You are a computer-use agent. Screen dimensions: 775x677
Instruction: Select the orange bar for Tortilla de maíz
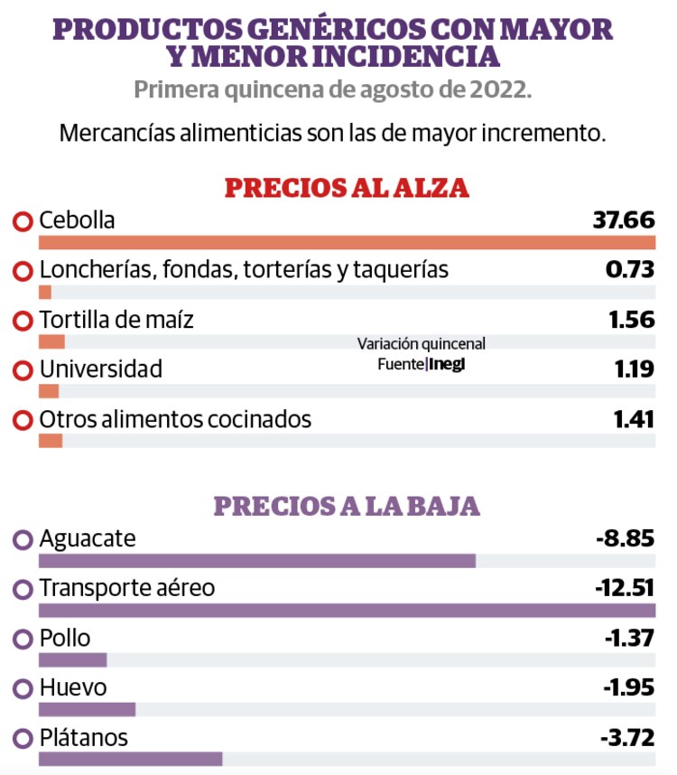51,341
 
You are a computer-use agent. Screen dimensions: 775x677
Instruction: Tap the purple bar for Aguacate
257,561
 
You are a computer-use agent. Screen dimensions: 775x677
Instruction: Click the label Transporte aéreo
127,588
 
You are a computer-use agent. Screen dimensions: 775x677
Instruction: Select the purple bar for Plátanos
131,759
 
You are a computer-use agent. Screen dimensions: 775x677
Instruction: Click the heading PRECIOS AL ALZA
346,188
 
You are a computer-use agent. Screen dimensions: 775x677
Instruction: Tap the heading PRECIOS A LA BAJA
346,506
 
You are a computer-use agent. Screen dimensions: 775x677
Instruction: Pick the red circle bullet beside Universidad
23,370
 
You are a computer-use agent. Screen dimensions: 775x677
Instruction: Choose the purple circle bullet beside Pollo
23,639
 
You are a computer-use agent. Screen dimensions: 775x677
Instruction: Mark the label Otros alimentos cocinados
175,419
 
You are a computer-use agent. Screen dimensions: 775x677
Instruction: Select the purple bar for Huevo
88,709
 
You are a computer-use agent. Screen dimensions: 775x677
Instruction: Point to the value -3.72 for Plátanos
626,737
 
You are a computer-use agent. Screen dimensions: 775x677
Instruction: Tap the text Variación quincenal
421,344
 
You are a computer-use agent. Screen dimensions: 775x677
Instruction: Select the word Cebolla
77,219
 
